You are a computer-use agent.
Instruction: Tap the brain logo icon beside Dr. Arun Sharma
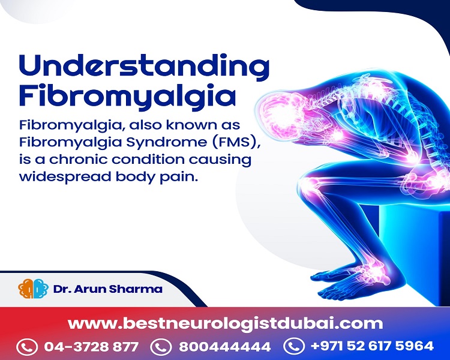tap(33, 289)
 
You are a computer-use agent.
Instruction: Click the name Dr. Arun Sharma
tap(108, 289)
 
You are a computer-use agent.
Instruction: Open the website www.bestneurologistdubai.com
tap(226, 323)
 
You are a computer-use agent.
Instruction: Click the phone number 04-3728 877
tap(91, 347)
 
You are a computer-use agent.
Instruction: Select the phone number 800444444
tap(225, 347)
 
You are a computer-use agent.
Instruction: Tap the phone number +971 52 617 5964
tap(372, 346)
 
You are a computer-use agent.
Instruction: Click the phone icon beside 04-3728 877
tap(27, 347)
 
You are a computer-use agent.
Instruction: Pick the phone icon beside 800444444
tap(161, 347)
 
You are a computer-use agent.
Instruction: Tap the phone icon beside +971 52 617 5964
tap(293, 346)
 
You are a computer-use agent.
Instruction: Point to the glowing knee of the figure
tap(310, 185)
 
